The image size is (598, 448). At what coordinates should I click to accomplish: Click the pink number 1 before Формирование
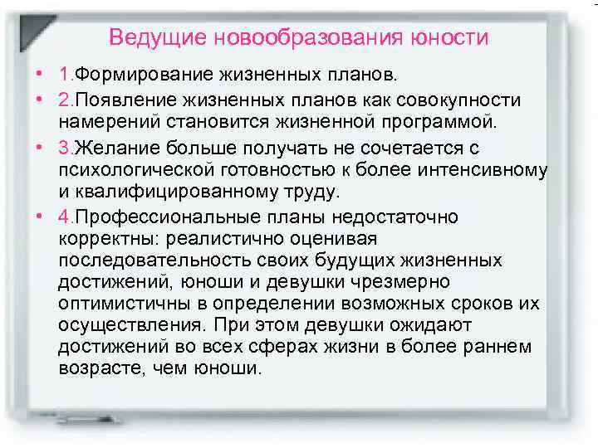pyautogui.click(x=63, y=76)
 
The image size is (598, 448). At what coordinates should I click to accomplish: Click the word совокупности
pyautogui.click(x=452, y=100)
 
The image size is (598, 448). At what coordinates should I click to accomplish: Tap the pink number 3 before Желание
pyautogui.click(x=64, y=148)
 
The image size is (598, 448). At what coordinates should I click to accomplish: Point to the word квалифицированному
pyautogui.click(x=164, y=193)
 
